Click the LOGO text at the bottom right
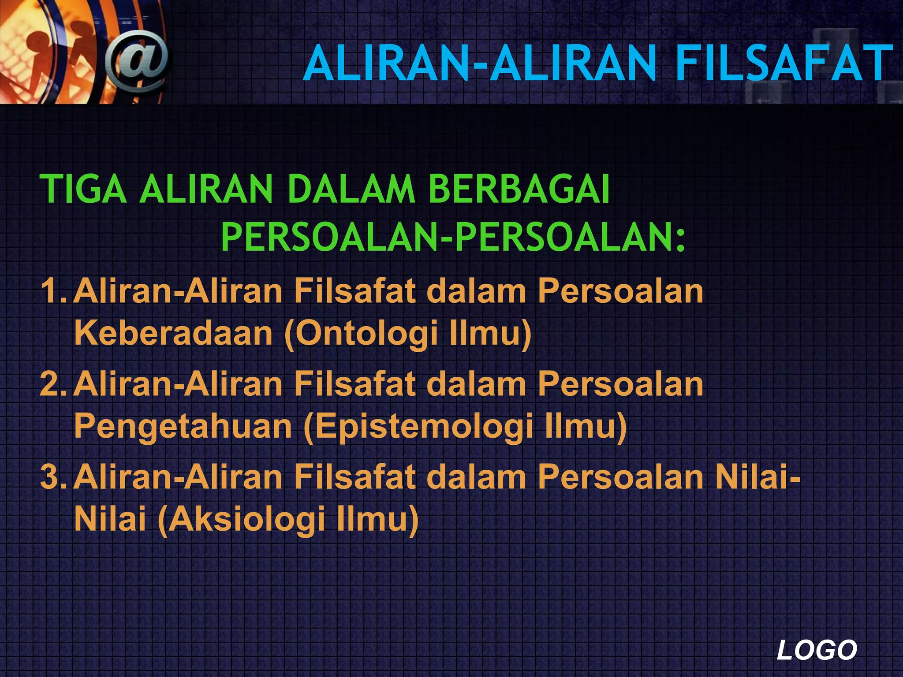coord(817,651)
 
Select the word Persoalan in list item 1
coord(620,292)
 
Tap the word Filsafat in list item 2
coord(355,384)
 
